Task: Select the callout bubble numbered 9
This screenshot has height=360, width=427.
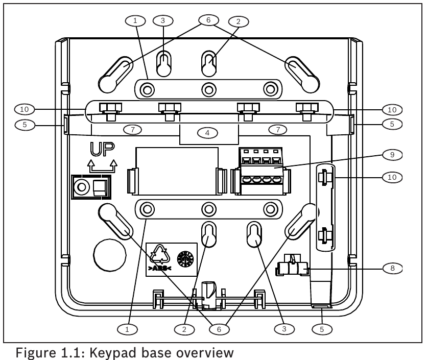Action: pyautogui.click(x=392, y=154)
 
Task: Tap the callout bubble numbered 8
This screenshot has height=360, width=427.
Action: pyautogui.click(x=392, y=268)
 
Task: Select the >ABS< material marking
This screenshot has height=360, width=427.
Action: pyautogui.click(x=160, y=267)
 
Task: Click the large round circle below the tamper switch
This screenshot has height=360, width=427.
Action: pyautogui.click(x=109, y=253)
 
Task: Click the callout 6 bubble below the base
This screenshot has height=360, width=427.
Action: pyautogui.click(x=219, y=329)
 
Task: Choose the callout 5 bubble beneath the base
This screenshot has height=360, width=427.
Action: pyautogui.click(x=321, y=329)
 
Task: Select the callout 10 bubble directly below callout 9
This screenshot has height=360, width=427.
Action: pyautogui.click(x=392, y=177)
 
